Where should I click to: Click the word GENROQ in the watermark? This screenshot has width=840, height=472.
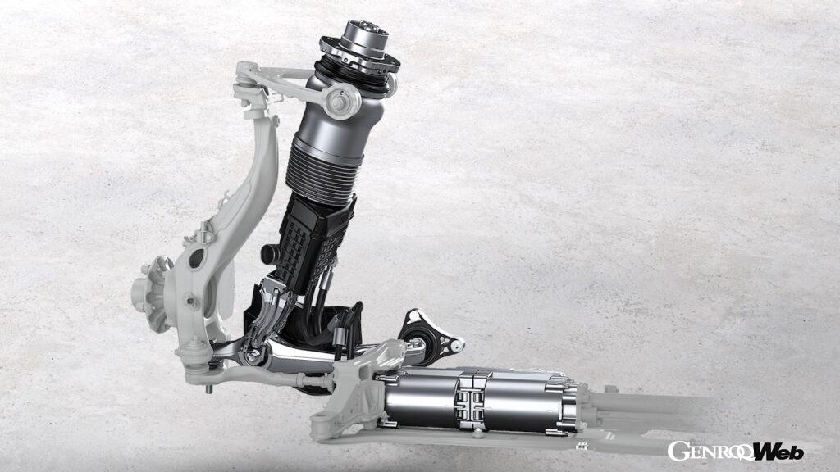(710, 451)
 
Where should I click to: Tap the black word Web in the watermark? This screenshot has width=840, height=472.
(778, 452)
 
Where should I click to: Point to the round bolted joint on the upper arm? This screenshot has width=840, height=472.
(339, 100)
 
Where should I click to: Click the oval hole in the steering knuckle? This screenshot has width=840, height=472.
(196, 258)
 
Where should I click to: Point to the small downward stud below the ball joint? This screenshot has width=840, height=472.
(209, 388)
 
